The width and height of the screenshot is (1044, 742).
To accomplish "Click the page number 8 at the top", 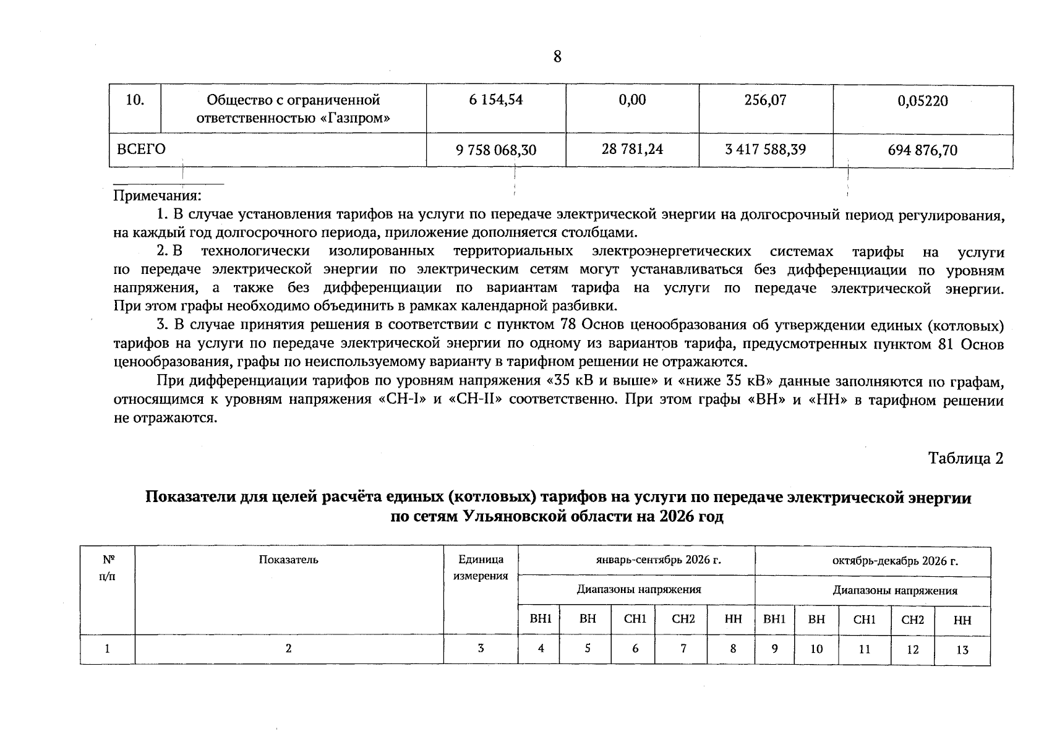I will tap(557, 57).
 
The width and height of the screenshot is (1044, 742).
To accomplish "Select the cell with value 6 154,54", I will tap(495, 100).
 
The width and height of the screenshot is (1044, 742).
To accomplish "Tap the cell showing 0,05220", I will tap(922, 101).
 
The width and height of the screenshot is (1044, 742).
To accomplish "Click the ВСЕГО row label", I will tap(142, 149).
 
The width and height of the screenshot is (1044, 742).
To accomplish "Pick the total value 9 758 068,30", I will tap(496, 150).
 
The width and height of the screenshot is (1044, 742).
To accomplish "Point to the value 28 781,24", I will tap(632, 149).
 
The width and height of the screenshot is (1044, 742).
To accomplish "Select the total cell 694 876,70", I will tap(922, 150).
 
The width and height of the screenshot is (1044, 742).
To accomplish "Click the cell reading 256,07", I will tap(766, 100).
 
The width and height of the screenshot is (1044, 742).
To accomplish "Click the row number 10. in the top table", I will tap(135, 100).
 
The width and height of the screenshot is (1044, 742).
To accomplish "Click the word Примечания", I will tap(157, 196).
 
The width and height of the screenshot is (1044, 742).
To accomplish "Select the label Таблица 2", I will tap(965, 458).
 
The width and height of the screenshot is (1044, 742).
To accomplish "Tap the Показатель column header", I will tap(288, 560).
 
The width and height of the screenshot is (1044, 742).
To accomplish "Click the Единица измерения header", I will tap(481, 568).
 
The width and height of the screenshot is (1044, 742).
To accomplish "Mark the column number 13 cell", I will tap(962, 650).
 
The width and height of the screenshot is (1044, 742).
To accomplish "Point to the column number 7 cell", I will tap(683, 649).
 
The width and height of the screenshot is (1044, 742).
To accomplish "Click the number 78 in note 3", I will tap(568, 325).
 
